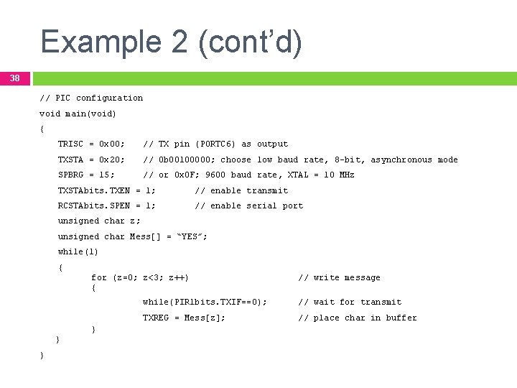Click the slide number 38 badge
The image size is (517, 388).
[14, 78]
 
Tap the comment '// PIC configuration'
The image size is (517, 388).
[91, 98]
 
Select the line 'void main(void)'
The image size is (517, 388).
[78, 114]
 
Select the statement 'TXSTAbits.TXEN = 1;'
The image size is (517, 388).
[106, 190]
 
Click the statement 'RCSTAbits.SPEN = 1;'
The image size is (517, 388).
[106, 205]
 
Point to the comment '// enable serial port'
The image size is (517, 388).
[248, 205]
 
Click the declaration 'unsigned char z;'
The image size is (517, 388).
[99, 221]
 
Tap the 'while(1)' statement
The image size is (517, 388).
[78, 251]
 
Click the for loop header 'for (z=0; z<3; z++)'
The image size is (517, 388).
[140, 277]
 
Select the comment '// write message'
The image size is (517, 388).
[339, 277]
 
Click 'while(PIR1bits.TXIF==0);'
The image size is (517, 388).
[205, 302]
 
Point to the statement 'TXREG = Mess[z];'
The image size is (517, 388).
[184, 318]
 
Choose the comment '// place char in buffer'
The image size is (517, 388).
[357, 318]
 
